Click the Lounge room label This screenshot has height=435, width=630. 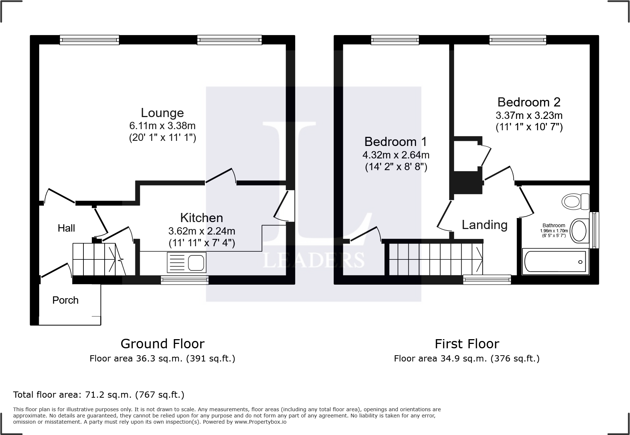click(162, 113)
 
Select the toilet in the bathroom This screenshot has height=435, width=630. click(575, 201)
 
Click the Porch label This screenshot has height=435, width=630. click(65, 300)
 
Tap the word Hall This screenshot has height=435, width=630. click(66, 228)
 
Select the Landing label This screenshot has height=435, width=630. click(484, 225)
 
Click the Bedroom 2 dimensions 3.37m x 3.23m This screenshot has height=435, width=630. click(529, 116)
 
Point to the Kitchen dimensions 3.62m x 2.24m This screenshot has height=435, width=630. click(202, 231)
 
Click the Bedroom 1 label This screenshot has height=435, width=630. click(395, 142)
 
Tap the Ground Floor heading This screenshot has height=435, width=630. click(162, 344)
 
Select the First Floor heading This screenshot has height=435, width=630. click(466, 344)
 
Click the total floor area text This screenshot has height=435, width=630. click(99, 395)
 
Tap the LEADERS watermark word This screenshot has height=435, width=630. click(314, 260)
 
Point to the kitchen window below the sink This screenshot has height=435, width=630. click(185, 280)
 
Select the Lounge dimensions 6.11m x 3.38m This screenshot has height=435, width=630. click(162, 126)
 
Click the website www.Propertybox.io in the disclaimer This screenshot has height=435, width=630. click(260, 422)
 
